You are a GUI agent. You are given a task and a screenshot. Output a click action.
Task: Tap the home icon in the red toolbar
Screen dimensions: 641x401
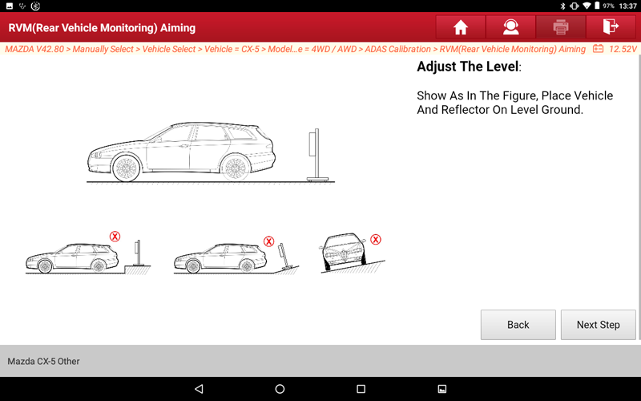[460, 27]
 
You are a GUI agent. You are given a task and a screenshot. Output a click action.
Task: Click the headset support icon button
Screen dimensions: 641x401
[510, 27]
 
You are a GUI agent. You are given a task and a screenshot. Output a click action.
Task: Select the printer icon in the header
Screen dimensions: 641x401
[560, 27]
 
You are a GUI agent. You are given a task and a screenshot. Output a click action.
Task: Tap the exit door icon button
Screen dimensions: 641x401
[611, 27]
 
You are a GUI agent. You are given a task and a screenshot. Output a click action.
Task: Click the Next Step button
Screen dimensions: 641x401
[598, 325]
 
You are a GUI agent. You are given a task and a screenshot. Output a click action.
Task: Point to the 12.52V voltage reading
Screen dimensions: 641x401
[623, 49]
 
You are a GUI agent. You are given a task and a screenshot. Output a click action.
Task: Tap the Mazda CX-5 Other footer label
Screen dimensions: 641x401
[43, 362]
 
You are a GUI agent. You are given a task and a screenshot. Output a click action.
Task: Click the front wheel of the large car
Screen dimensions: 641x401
[126, 168]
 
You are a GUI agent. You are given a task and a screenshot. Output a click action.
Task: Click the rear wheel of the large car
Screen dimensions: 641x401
[236, 168]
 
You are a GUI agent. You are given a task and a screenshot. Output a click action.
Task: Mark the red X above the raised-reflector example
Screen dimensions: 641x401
[115, 236]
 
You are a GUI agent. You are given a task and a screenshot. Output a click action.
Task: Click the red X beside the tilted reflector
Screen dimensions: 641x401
[268, 241]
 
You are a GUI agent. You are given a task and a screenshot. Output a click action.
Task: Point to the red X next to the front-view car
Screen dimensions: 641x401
[376, 239]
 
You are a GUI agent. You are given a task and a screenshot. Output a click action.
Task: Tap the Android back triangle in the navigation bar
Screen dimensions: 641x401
[199, 389]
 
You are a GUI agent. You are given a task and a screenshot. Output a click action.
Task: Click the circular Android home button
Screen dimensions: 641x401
[280, 389]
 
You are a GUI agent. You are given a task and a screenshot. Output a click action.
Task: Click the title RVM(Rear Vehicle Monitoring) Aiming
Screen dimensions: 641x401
[102, 28]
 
